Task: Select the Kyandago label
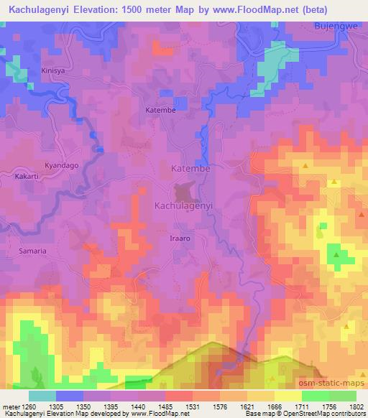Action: (x=62, y=165)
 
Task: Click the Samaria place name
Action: (x=32, y=251)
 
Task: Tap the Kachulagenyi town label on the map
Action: (x=183, y=205)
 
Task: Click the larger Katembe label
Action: (x=190, y=169)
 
